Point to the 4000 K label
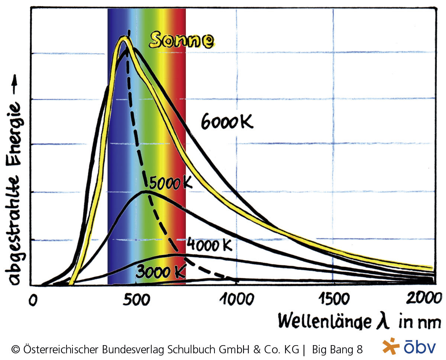(210, 245)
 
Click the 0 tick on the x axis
(34, 300)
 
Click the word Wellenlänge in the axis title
(323, 320)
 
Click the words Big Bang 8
(337, 349)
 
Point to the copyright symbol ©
(16, 350)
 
